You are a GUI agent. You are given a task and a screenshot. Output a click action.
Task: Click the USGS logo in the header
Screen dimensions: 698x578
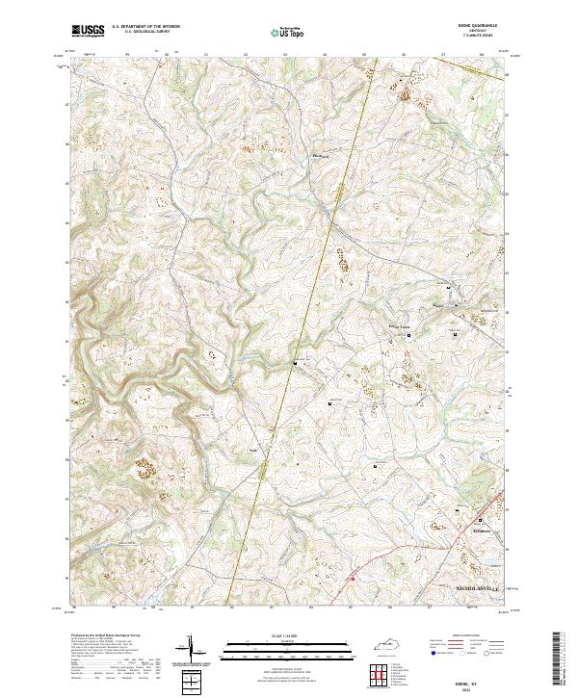pos(89,31)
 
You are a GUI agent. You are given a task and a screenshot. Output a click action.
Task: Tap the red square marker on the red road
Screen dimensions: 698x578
pos(353,579)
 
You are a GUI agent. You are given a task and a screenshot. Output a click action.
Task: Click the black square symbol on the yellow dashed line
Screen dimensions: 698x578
pos(296,363)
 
